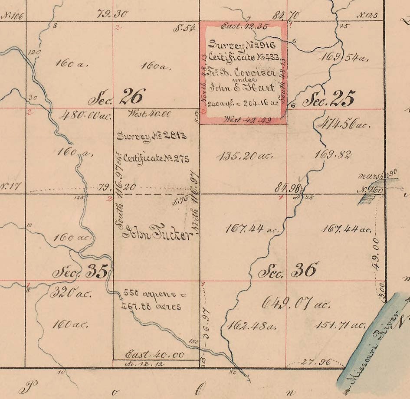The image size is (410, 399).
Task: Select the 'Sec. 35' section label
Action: pyautogui.click(x=82, y=272)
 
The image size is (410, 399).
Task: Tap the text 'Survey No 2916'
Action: pyautogui.click(x=242, y=45)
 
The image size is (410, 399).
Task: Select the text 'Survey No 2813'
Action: pyautogui.click(x=152, y=136)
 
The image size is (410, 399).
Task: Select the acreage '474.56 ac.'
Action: pyautogui.click(x=343, y=125)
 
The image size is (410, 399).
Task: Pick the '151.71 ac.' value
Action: pyautogui.click(x=340, y=324)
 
